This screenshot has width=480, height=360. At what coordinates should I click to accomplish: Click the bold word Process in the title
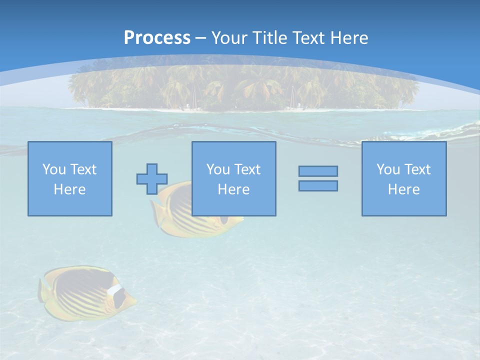[157, 38]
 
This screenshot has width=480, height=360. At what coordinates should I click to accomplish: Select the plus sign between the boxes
[152, 178]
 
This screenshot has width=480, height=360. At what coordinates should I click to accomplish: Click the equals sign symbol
[318, 178]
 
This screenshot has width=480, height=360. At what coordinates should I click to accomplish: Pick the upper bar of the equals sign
[318, 171]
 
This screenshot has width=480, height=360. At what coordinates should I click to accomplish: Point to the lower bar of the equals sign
[318, 185]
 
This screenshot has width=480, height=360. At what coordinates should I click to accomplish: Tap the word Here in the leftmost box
[70, 189]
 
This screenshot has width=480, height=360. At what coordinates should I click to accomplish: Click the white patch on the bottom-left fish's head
[115, 289]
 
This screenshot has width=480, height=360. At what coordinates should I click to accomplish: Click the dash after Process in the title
[200, 38]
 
